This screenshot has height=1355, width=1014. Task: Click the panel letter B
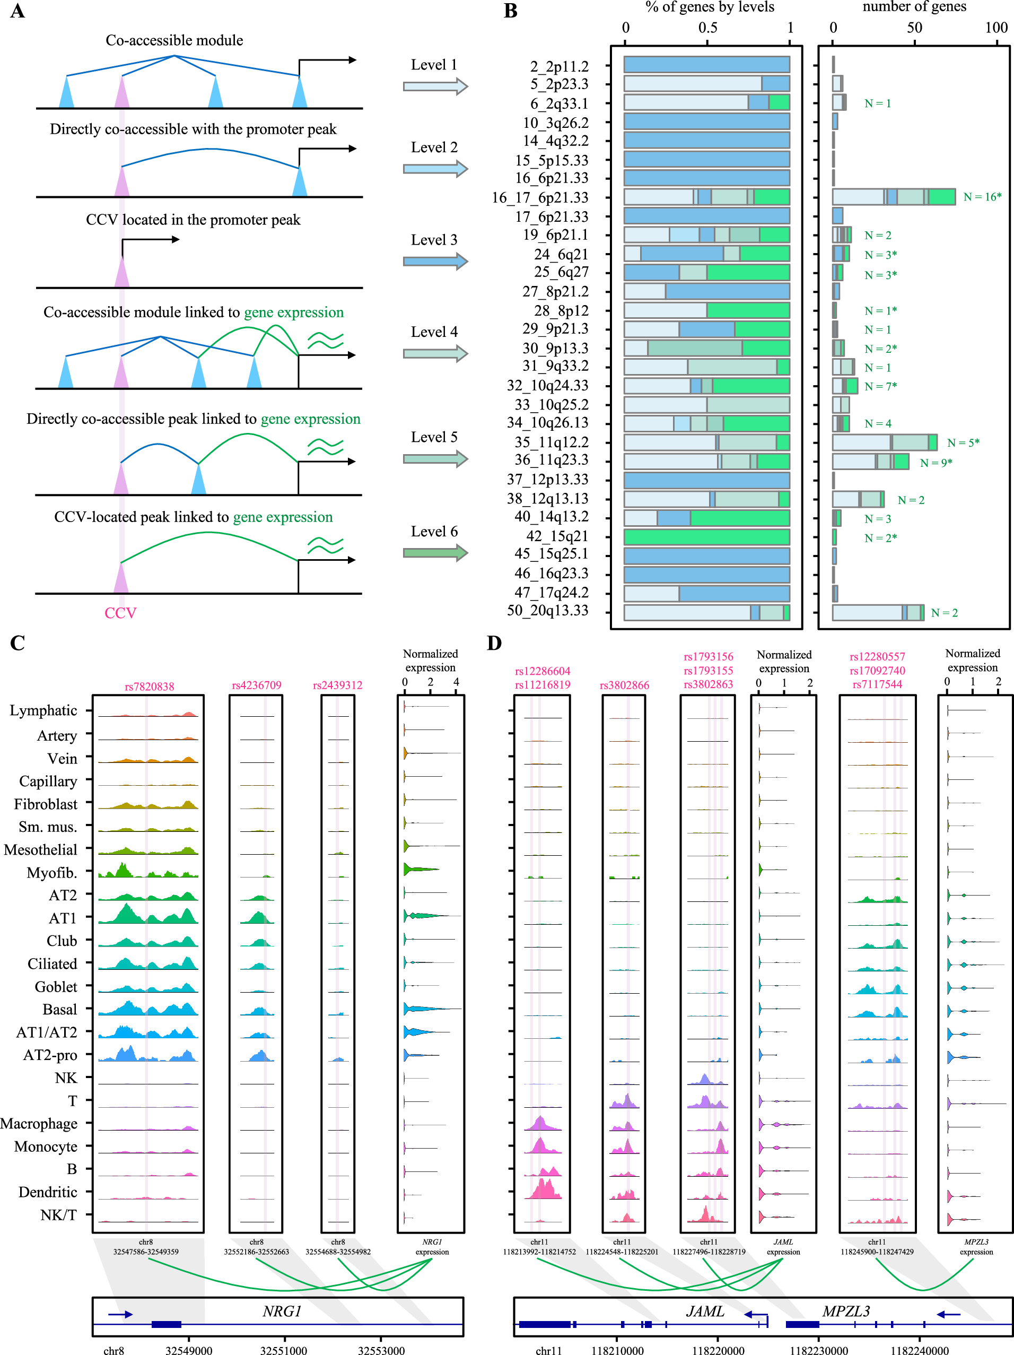click(x=510, y=11)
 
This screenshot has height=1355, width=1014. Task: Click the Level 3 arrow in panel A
click(x=435, y=262)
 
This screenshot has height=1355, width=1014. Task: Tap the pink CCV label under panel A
click(x=120, y=613)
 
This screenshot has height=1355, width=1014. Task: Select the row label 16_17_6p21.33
click(x=539, y=198)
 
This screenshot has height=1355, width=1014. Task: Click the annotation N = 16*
click(x=982, y=197)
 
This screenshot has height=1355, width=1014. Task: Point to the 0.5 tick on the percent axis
click(x=708, y=28)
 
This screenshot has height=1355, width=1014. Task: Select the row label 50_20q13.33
click(x=547, y=611)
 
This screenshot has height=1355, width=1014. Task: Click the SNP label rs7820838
click(x=150, y=687)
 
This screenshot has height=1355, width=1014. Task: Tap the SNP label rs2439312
click(x=337, y=685)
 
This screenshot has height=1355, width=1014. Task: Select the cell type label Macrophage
click(x=39, y=1124)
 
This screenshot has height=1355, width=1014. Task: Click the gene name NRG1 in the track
click(x=282, y=1311)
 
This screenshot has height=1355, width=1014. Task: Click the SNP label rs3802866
click(x=624, y=685)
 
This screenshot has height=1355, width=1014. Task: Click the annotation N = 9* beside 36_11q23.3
click(x=936, y=463)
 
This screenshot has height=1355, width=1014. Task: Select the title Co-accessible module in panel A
click(x=174, y=40)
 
